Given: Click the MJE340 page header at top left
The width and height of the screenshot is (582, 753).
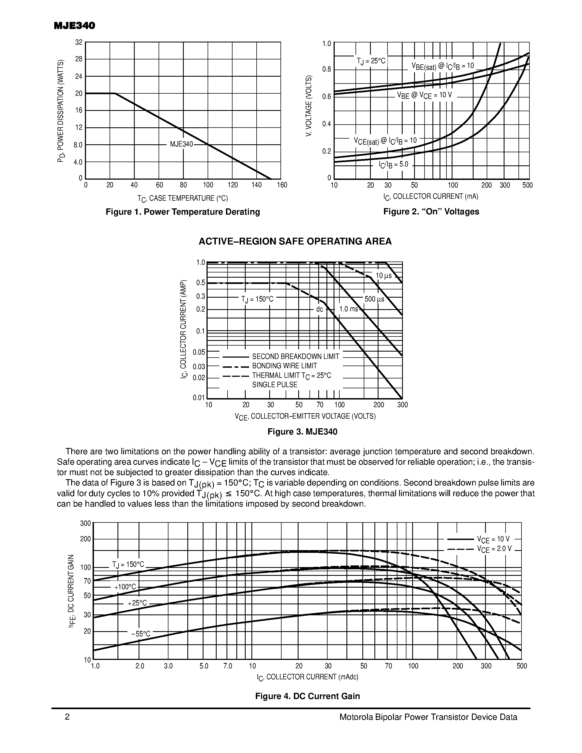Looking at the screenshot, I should (74, 26).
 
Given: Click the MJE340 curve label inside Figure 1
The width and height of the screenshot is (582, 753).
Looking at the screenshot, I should (181, 144).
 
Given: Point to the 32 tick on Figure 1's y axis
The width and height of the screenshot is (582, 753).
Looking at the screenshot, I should (79, 42).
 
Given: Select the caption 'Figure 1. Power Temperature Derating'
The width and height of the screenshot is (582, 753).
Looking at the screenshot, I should (183, 212).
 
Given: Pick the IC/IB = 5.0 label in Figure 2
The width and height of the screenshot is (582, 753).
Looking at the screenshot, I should (393, 165).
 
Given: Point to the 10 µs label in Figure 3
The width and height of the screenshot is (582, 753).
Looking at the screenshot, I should (383, 276).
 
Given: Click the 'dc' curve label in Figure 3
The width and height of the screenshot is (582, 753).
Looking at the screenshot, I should (320, 309).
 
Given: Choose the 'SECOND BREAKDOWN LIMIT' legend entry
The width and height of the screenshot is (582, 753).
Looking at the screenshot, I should (296, 357).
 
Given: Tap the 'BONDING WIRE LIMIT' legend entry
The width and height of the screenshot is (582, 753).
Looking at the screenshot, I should (285, 366).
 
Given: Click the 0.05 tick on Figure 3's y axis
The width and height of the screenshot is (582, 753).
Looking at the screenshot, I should (199, 352).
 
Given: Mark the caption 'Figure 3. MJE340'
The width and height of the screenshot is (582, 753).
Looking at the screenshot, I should (302, 432).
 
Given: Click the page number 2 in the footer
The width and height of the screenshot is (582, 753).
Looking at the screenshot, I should (67, 717).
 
